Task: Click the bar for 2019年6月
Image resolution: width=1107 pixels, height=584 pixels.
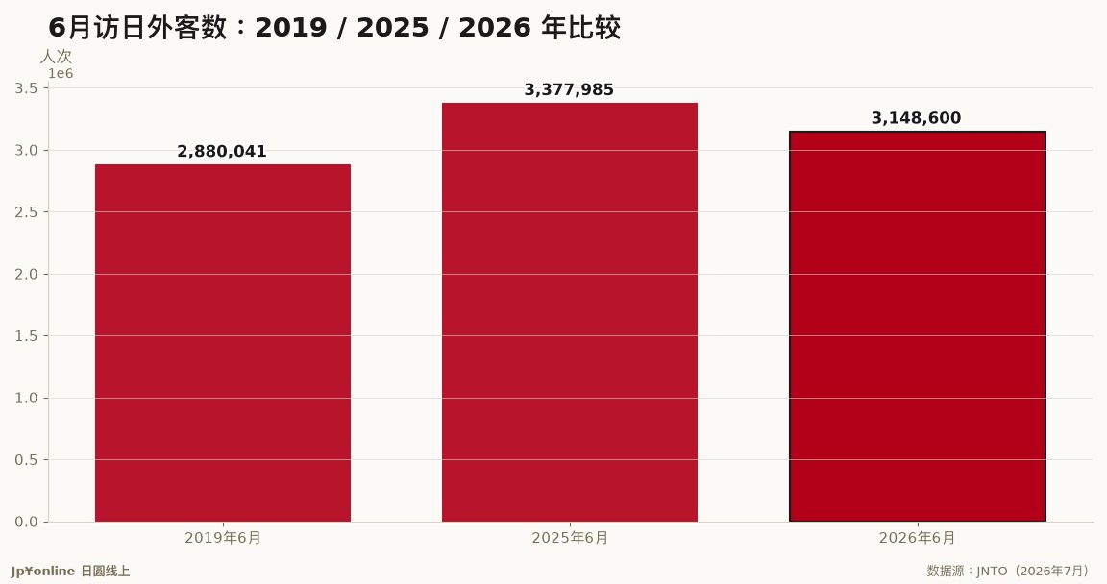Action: coord(223,343)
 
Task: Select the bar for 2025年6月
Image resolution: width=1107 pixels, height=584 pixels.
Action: coord(570,312)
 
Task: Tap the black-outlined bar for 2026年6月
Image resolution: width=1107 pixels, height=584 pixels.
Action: coord(917,327)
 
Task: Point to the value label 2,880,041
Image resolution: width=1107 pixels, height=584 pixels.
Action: coord(222,151)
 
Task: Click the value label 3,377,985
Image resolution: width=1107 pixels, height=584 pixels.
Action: coord(569,89)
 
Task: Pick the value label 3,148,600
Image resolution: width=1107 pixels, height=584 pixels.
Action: coord(917,118)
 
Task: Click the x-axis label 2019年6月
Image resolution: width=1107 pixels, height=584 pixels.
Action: coord(223,538)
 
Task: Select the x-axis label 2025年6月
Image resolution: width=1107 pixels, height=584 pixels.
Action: coord(570,538)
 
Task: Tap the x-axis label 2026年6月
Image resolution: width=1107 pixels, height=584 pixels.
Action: coord(917,538)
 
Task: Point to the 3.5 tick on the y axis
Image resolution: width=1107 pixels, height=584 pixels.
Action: coord(26,88)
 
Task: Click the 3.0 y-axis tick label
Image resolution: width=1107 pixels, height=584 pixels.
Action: coord(26,150)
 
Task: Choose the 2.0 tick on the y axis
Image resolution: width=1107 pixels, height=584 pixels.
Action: coord(26,274)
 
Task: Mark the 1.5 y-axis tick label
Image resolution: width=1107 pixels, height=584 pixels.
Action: coord(26,336)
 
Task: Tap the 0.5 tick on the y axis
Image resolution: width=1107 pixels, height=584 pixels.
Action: coord(26,460)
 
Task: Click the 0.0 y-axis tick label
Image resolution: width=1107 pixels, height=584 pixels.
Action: coord(26,522)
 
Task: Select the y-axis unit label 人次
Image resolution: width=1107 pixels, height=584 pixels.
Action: coord(56,57)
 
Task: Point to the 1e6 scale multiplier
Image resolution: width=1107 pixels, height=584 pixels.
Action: coord(61,73)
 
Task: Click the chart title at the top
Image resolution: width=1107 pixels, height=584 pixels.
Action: coord(334,28)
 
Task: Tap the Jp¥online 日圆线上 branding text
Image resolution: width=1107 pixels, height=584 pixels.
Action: coord(70,572)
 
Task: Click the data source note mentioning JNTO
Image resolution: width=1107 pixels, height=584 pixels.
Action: coord(1007,571)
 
